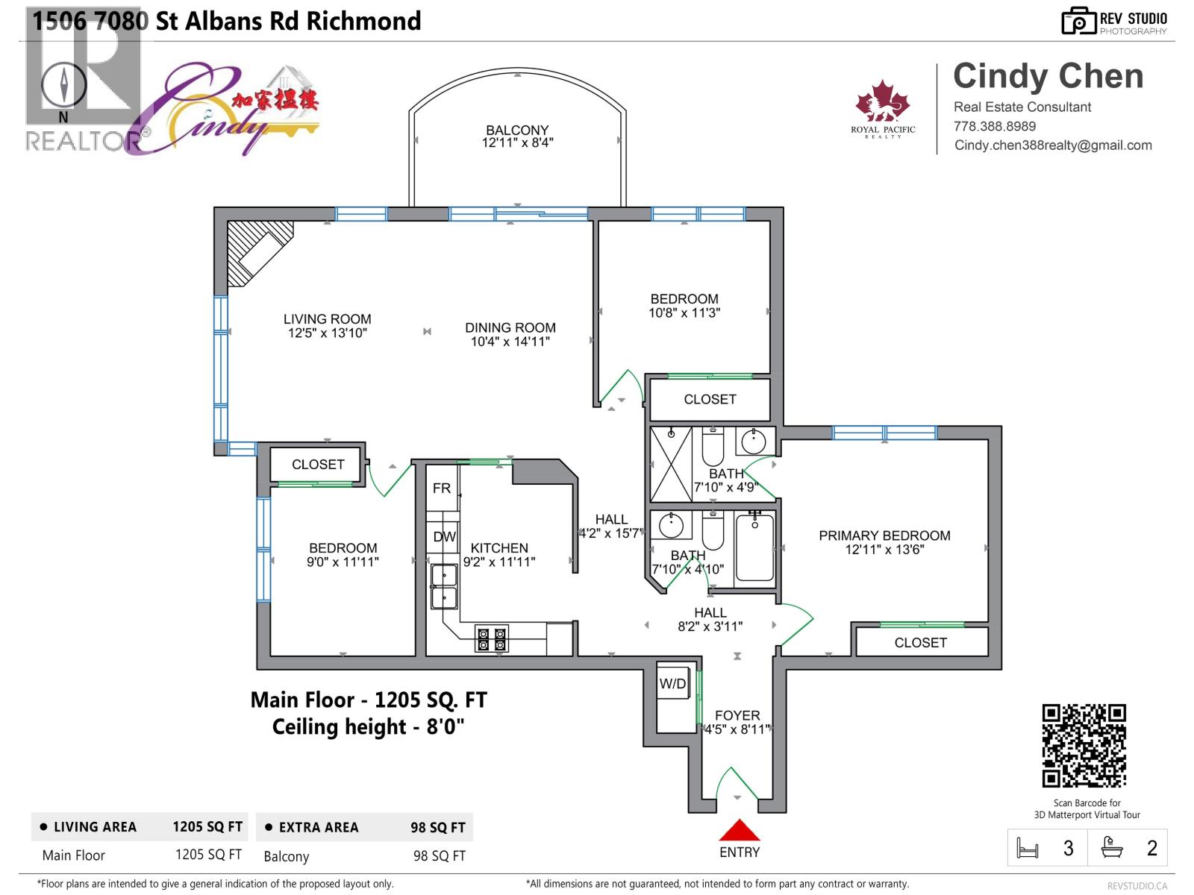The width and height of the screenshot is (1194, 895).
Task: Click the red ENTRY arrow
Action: point(739,830)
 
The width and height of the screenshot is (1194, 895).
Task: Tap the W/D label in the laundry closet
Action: point(672,683)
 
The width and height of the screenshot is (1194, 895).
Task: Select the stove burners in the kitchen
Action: point(492,639)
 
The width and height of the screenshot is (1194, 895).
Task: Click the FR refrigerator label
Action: point(442,488)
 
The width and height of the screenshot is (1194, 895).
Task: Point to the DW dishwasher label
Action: point(444,537)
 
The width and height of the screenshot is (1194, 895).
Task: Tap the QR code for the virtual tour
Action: point(1084,745)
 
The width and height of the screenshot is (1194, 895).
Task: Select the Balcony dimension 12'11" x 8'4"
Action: point(517,142)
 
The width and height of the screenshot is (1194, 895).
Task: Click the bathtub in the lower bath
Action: point(754,548)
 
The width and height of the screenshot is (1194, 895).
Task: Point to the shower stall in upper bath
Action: point(671,464)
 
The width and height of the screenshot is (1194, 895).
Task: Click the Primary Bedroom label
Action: point(884,536)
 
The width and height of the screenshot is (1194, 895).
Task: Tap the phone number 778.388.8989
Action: point(994,126)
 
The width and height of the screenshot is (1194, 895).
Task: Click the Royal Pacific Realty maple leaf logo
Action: point(883,103)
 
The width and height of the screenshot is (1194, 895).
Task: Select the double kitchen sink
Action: point(444,588)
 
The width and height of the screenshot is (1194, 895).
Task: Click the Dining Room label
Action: point(510,327)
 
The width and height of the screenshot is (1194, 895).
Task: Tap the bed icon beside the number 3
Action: point(1028,848)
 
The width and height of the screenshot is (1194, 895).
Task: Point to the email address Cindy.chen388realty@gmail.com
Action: point(1053,145)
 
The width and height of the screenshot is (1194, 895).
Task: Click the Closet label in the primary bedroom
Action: point(920,642)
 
